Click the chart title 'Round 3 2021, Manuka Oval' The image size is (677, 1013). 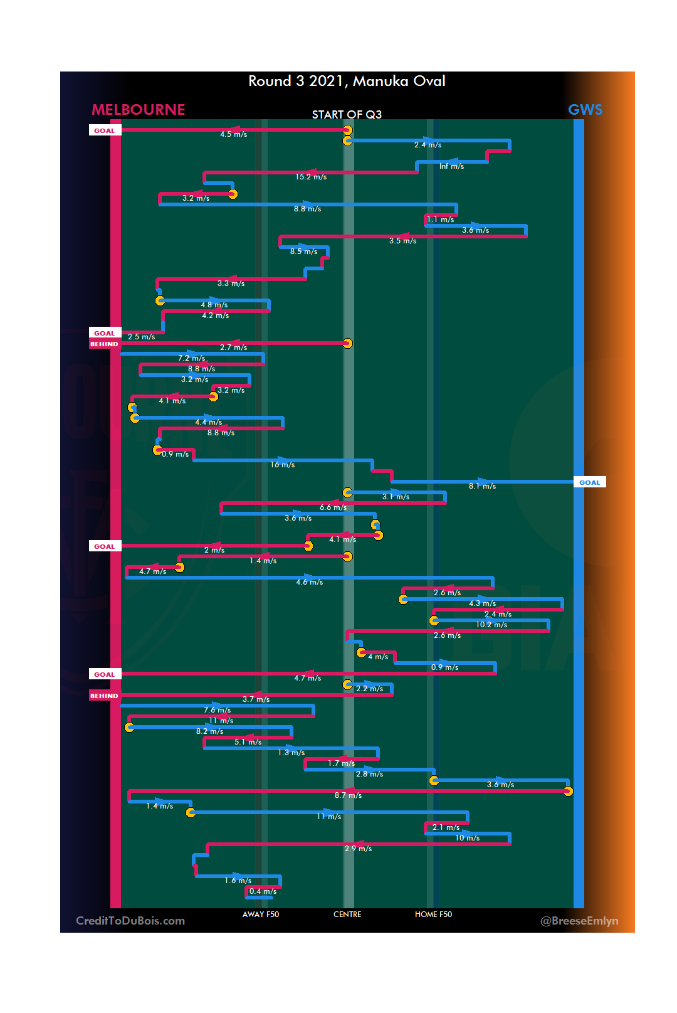[347, 81]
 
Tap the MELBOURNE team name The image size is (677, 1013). [139, 110]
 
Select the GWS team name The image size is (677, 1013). [585, 110]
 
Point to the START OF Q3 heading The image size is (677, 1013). [347, 114]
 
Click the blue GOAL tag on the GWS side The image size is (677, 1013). [589, 482]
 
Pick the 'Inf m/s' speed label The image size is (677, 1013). [451, 166]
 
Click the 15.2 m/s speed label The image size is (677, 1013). [311, 177]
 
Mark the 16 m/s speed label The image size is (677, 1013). [282, 465]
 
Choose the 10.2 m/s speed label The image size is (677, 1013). [491, 625]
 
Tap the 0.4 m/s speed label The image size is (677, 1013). [263, 891]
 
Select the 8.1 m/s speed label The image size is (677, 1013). [482, 486]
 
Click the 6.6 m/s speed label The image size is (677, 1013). [333, 507]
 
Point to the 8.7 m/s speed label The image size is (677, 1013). [348, 795]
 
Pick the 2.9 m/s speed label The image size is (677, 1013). [358, 849]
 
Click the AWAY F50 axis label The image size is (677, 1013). [261, 915]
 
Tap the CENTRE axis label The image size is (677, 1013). [347, 915]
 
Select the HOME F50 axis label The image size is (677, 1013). [433, 915]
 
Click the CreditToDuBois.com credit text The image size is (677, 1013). [130, 921]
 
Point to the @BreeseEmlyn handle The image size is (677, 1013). [579, 921]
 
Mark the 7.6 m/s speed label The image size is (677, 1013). [217, 710]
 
